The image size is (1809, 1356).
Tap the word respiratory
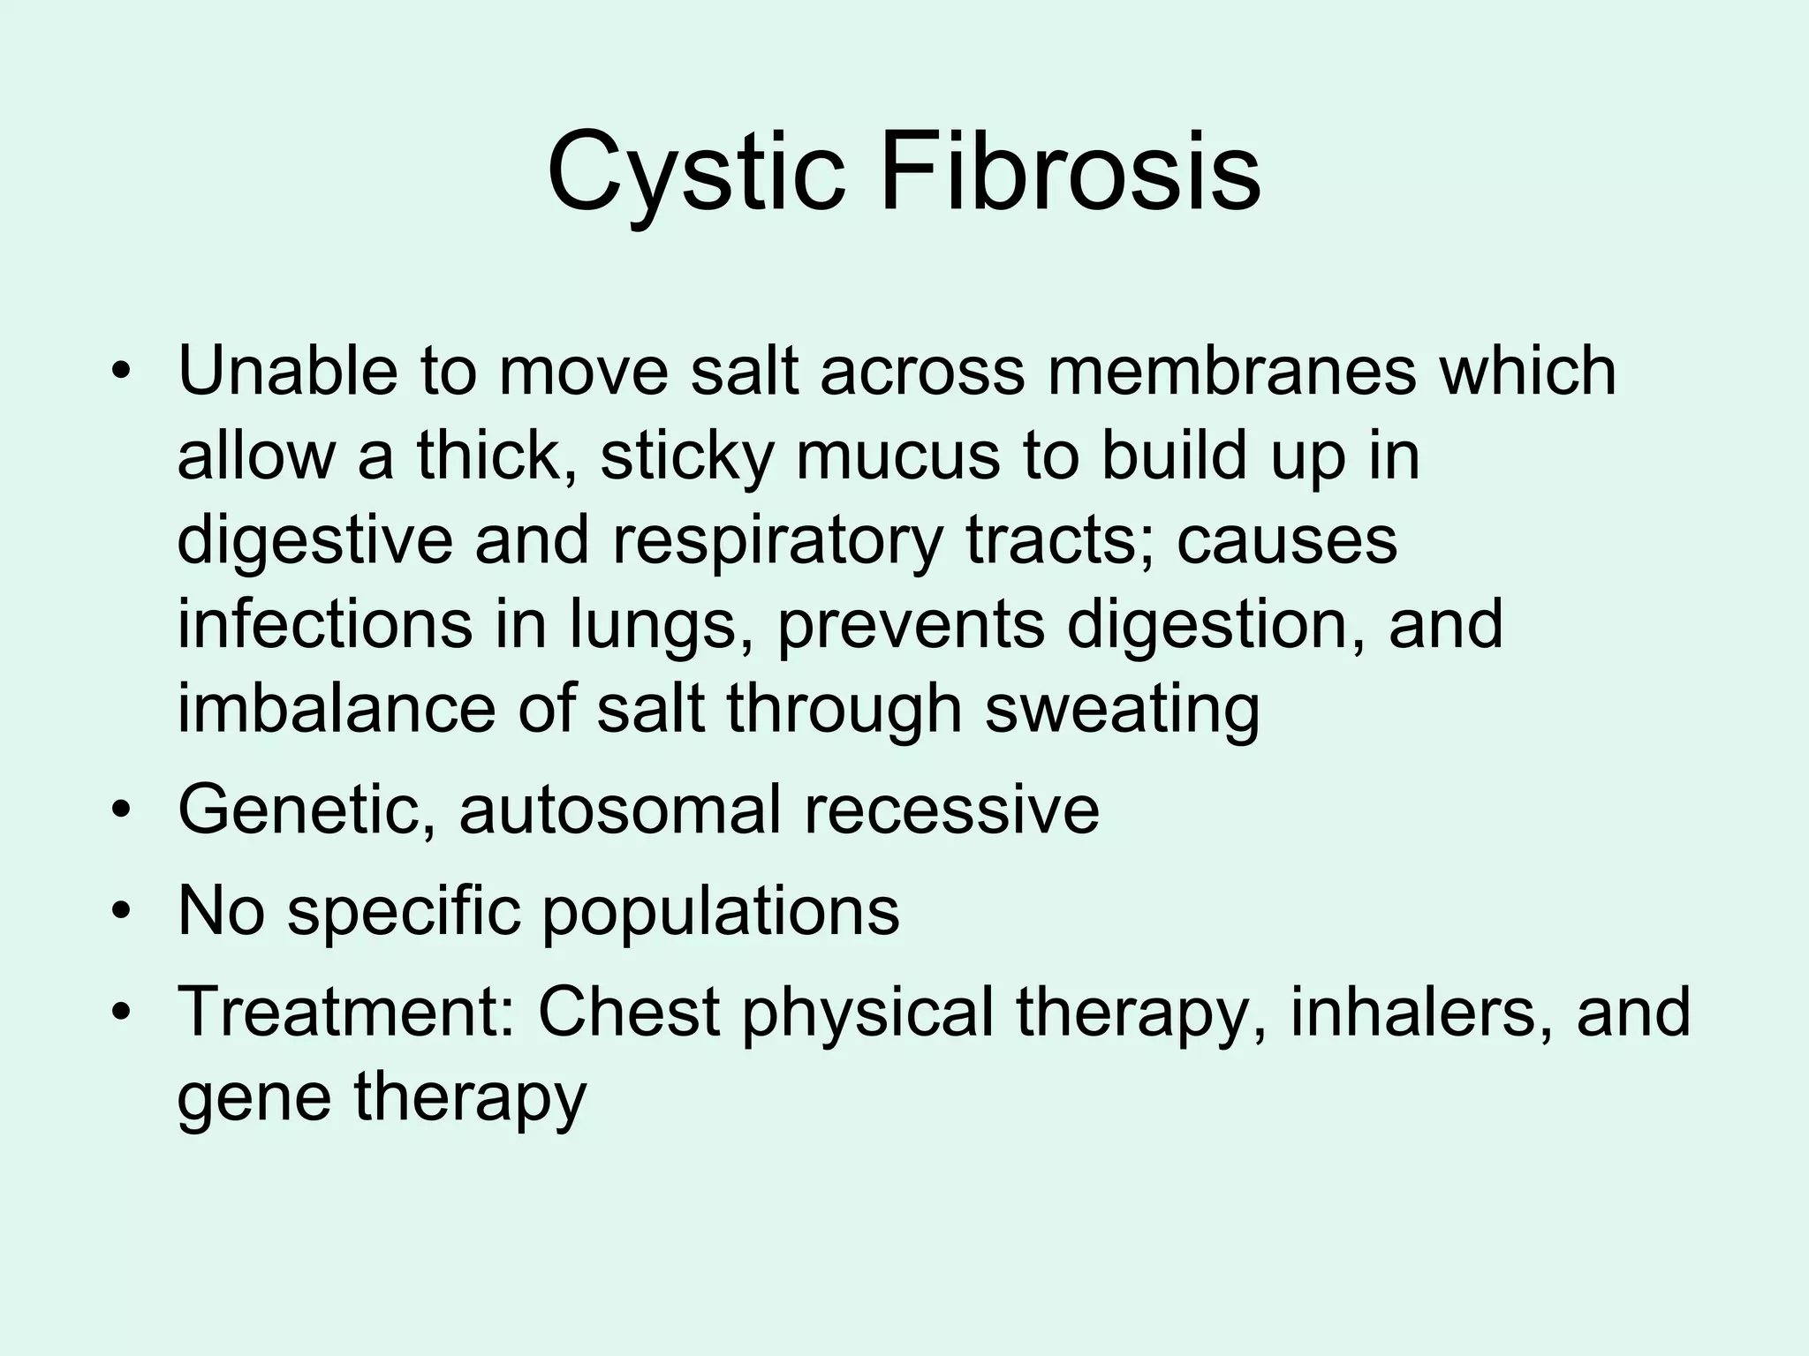(777, 543)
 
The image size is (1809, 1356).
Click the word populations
(720, 913)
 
